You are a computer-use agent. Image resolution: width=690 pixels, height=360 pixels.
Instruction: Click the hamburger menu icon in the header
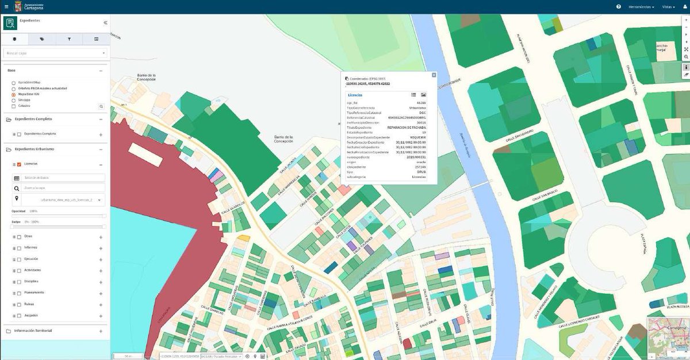(6, 7)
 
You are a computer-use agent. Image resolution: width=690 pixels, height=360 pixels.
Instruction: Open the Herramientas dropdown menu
(641, 7)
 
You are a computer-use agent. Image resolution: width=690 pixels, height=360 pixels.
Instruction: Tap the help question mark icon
(619, 7)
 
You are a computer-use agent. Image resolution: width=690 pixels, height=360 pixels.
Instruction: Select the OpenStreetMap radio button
(13, 82)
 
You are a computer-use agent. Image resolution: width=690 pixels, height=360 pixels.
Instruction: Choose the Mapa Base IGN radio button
(13, 94)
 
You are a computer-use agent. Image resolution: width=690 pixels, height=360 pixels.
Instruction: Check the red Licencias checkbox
(19, 164)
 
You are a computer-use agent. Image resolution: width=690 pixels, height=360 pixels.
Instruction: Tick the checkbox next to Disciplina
(19, 282)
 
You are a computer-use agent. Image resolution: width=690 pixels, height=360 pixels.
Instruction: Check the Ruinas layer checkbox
(19, 304)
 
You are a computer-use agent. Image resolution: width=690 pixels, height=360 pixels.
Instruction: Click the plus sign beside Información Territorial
(101, 331)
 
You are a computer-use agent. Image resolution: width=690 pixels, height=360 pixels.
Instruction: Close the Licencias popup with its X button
(434, 75)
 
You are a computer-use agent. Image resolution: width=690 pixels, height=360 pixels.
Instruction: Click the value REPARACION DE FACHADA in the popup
(407, 127)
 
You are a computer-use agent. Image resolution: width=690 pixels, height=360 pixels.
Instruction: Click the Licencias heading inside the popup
(355, 94)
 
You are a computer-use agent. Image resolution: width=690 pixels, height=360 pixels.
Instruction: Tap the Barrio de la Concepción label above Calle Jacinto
(284, 139)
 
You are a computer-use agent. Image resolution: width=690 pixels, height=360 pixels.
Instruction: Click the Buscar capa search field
(55, 53)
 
